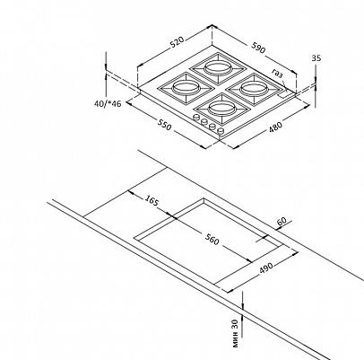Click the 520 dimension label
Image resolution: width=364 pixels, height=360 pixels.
[x=178, y=42]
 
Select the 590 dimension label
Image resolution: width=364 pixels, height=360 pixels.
[x=258, y=48]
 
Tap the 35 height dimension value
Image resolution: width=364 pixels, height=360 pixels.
[x=316, y=57]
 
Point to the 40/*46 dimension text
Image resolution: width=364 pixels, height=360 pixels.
[x=108, y=104]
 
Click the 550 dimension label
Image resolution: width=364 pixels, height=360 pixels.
[x=165, y=125]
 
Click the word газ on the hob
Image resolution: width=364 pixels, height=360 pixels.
[x=277, y=74]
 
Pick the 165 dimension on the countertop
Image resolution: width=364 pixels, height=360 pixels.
[x=152, y=200]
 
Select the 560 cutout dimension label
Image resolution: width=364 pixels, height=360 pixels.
[x=212, y=239]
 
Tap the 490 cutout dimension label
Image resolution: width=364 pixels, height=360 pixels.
[x=265, y=268]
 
